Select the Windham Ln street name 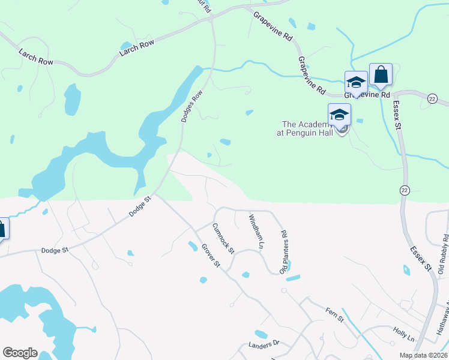[256, 232]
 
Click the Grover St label [211, 256]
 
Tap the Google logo [20, 352]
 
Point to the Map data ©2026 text [423, 355]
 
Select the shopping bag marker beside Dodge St [2, 229]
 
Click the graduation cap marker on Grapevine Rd [355, 83]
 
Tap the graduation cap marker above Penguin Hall [339, 114]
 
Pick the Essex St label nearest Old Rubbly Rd [421, 257]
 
